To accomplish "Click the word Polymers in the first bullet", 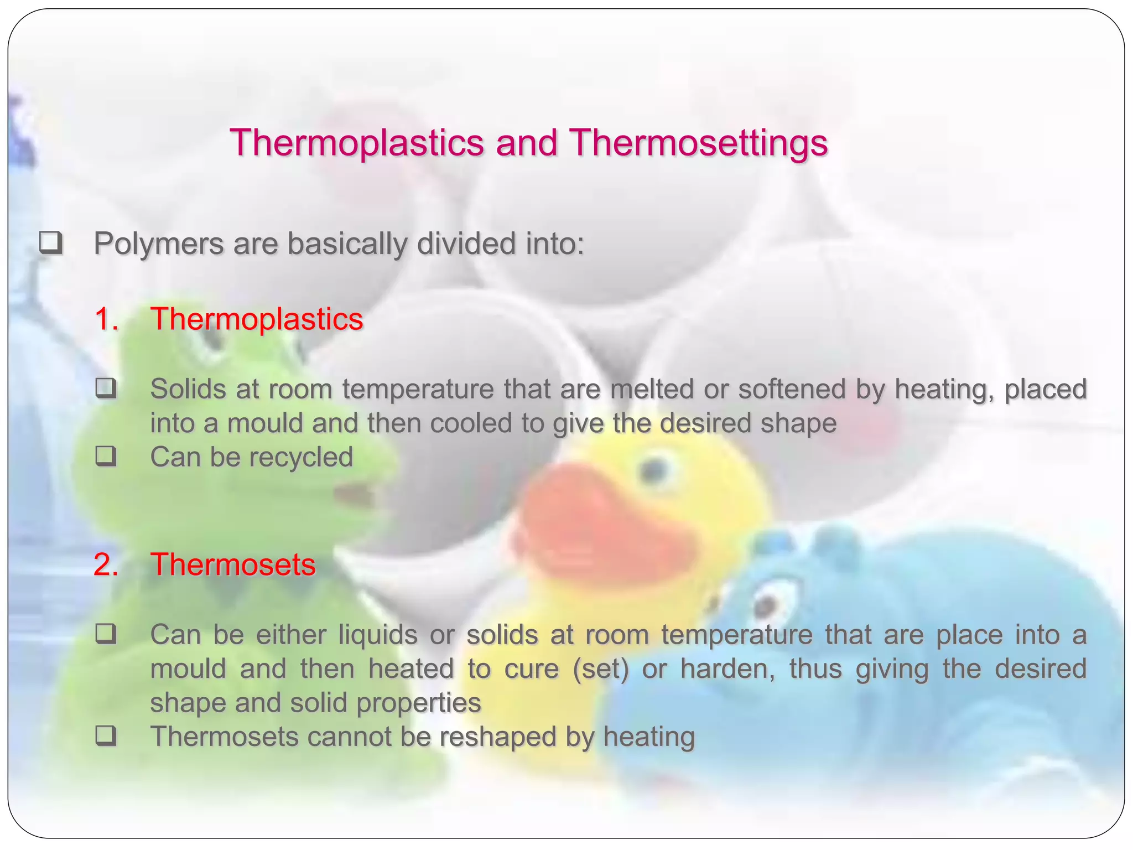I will tap(158, 244).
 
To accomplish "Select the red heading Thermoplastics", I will tap(257, 319).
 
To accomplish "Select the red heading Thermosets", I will tap(233, 565).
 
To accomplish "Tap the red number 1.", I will tap(106, 319).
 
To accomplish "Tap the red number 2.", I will tap(106, 565).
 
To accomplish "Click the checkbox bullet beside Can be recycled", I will tap(105, 457).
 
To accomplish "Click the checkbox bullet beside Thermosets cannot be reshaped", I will tap(105, 737).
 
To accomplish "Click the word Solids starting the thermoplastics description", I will tap(188, 390).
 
